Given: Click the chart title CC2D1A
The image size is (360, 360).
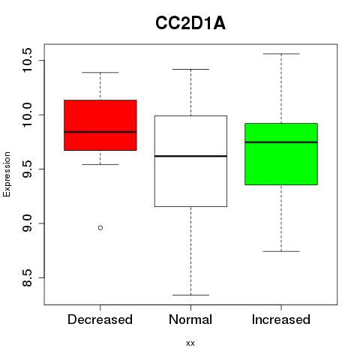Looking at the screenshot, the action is [x=190, y=23].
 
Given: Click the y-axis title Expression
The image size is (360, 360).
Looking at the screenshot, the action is [x=7, y=174].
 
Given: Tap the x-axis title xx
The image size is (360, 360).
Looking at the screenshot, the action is [x=190, y=343].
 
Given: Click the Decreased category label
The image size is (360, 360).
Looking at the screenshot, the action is [x=100, y=319].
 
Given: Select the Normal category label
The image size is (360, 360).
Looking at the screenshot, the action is [x=190, y=319].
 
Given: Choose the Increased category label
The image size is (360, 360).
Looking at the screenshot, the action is [x=281, y=319].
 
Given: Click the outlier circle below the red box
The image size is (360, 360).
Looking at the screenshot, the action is [x=100, y=228].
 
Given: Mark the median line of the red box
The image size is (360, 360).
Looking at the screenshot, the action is [x=100, y=132].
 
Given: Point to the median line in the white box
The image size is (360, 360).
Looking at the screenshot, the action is [x=190, y=156].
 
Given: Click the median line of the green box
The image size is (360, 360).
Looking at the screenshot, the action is [x=281, y=142].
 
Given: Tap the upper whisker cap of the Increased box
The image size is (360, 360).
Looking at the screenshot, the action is [x=281, y=54].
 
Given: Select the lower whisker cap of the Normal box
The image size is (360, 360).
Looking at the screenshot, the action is [x=190, y=295].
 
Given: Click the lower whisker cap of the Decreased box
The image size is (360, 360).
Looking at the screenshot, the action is [x=100, y=164].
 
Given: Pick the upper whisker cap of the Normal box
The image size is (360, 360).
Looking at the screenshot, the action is [x=190, y=69].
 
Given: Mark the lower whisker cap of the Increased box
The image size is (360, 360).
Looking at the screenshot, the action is [x=281, y=251].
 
